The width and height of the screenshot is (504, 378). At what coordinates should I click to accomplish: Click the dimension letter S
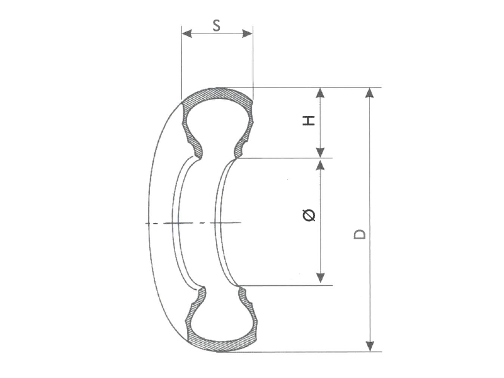(216, 25)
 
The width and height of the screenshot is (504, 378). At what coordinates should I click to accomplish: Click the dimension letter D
(360, 233)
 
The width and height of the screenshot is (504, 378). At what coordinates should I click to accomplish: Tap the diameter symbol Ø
(309, 215)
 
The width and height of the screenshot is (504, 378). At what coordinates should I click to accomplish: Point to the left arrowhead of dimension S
(185, 33)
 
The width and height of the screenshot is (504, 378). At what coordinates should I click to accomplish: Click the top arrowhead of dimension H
(320, 92)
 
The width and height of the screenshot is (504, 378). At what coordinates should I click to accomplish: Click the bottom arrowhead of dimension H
(320, 152)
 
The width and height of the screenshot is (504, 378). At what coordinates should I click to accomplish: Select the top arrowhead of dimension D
(370, 92)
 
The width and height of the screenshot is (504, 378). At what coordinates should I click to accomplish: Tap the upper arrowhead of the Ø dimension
(320, 164)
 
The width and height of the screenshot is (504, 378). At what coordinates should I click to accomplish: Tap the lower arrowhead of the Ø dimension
(320, 278)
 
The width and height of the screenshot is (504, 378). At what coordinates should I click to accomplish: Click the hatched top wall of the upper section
(217, 94)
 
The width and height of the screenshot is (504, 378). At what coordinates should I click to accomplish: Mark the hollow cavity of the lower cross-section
(220, 318)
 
